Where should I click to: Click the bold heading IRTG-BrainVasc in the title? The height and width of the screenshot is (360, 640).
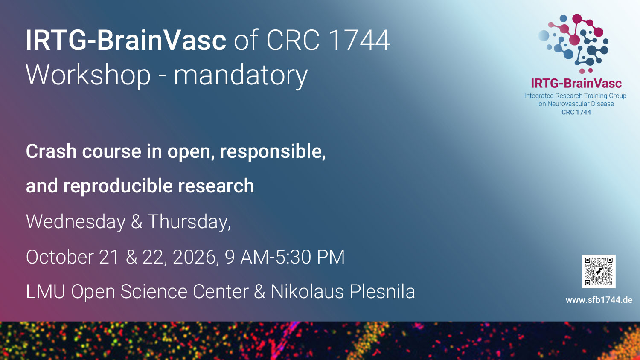click(x=126, y=40)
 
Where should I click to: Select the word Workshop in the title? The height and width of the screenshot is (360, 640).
click(x=88, y=75)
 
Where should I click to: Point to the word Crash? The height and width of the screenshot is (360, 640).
click(x=51, y=151)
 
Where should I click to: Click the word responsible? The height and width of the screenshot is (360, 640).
click(x=272, y=152)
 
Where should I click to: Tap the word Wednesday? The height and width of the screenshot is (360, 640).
click(x=76, y=222)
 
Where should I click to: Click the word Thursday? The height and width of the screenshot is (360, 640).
click(x=189, y=222)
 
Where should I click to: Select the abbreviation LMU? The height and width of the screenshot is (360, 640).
click(x=45, y=291)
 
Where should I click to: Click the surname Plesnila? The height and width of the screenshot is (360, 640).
click(x=382, y=291)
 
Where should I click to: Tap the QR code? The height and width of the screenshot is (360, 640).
click(x=599, y=271)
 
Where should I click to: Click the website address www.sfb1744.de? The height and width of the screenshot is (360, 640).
click(x=599, y=300)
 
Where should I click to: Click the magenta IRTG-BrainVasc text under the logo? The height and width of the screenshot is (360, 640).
click(x=576, y=84)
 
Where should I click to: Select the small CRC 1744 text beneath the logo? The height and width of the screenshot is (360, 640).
click(x=576, y=112)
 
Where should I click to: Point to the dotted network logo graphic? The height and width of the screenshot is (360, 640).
click(x=574, y=43)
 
